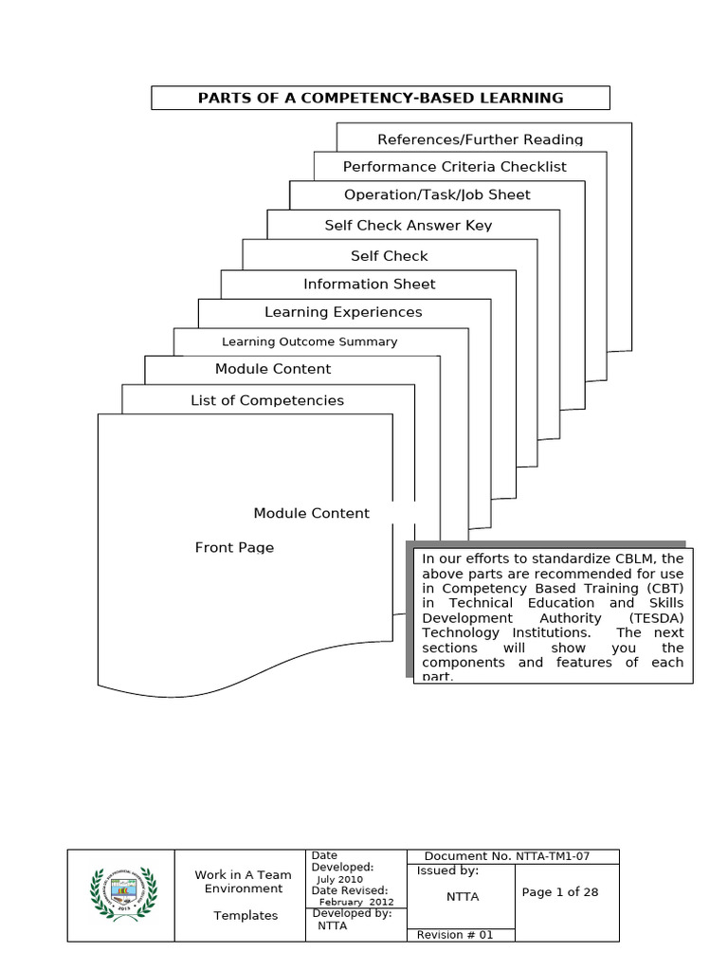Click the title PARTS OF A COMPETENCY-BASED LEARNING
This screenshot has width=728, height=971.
[380, 98]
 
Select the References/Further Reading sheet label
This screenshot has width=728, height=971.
[480, 139]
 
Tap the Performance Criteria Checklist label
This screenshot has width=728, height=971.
[454, 167]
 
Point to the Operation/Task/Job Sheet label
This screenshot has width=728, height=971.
[437, 194]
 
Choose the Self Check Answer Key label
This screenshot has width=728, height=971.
[408, 226]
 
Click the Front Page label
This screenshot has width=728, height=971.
[234, 547]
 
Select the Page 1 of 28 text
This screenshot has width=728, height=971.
[560, 892]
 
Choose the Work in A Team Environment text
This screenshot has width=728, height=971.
[243, 882]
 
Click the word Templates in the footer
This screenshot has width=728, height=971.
[245, 916]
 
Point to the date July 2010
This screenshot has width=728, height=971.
[346, 879]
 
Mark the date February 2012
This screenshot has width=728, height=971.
[356, 902]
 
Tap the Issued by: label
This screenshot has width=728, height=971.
[447, 870]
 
